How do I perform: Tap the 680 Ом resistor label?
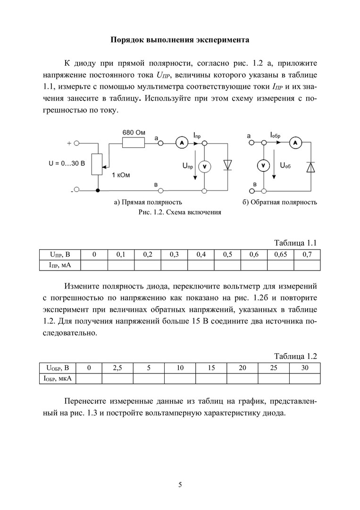pos(134,132)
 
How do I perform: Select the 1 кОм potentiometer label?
pos(121,175)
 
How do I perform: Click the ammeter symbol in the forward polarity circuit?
pos(180,142)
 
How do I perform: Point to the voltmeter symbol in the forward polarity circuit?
pos(204,166)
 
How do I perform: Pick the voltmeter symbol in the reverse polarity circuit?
pos(263,166)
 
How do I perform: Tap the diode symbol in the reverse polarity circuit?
pos(310,167)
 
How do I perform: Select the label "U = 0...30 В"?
pos(66,163)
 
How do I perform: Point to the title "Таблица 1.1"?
pos(295,243)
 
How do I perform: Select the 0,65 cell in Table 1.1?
pos(281,255)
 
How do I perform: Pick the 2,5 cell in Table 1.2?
pos(117,368)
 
